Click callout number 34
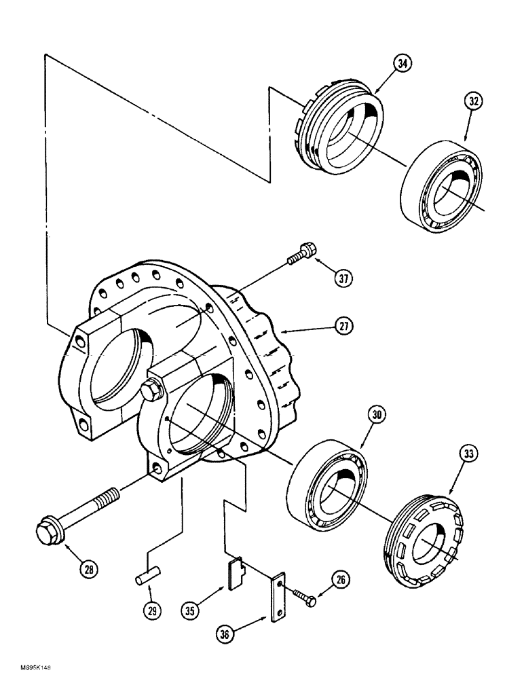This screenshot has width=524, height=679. pyautogui.click(x=402, y=65)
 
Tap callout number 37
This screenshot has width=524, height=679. pyautogui.click(x=345, y=277)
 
